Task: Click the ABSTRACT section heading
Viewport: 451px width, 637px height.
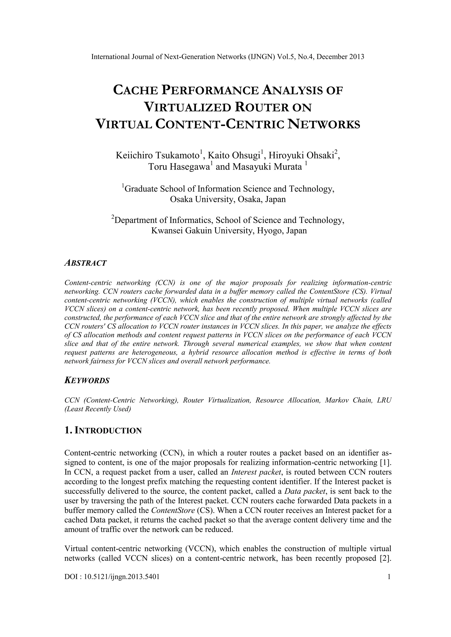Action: (x=85, y=263)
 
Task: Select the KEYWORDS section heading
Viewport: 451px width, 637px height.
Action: (x=87, y=380)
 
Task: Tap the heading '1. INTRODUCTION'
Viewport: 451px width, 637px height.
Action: (x=103, y=431)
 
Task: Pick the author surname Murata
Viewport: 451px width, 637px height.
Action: (x=287, y=167)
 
